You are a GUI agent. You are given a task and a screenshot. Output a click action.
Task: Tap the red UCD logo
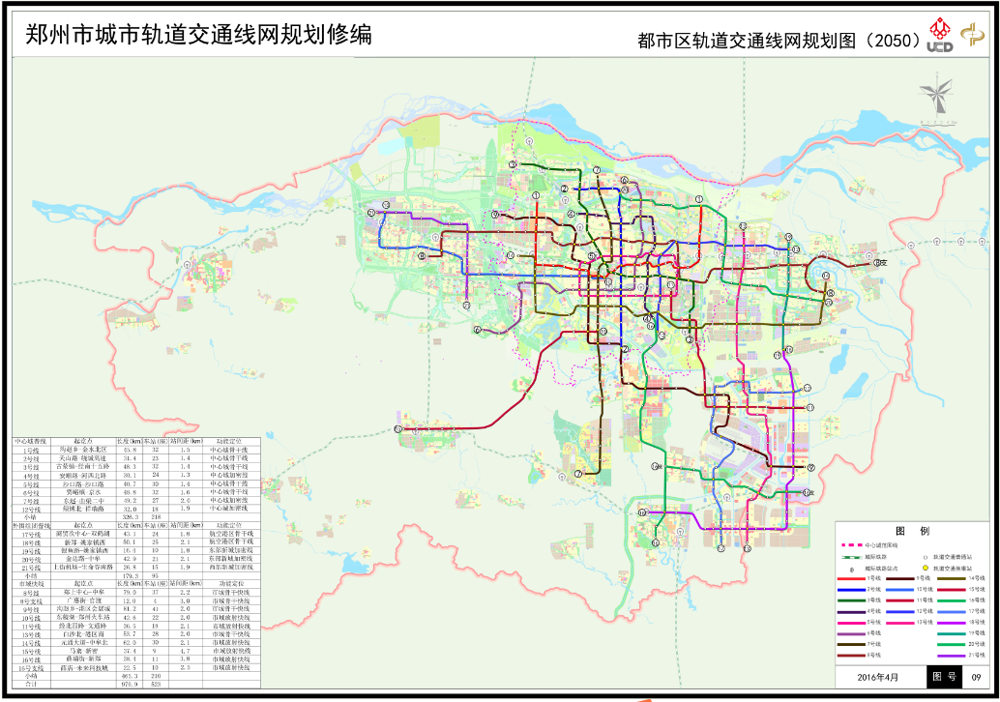(x=939, y=36)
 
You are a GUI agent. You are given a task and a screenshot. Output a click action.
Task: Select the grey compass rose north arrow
(x=935, y=98)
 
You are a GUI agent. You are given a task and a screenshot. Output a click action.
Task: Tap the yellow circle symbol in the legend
(x=926, y=569)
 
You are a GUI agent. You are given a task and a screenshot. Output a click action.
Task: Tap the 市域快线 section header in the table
(x=32, y=584)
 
